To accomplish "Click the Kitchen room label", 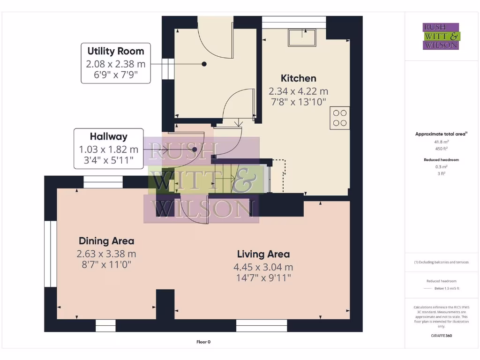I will click(298, 78).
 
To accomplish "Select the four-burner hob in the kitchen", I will click(340, 118).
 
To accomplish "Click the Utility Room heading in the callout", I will click(116, 51).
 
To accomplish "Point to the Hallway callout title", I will click(109, 137).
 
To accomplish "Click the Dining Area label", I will click(106, 241).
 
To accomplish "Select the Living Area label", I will click(263, 254).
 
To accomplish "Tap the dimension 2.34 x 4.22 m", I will click(298, 91).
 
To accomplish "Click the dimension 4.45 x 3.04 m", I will click(263, 267).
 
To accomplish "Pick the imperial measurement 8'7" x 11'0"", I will click(106, 264).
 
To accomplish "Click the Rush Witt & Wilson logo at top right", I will click(441, 37).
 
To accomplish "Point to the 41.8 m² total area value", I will click(441, 141).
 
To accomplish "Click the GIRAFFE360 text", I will click(441, 336).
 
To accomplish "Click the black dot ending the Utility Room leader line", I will click(204, 64).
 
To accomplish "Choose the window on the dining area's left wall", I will click(50, 254).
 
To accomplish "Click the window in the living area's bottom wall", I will click(262, 325).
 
